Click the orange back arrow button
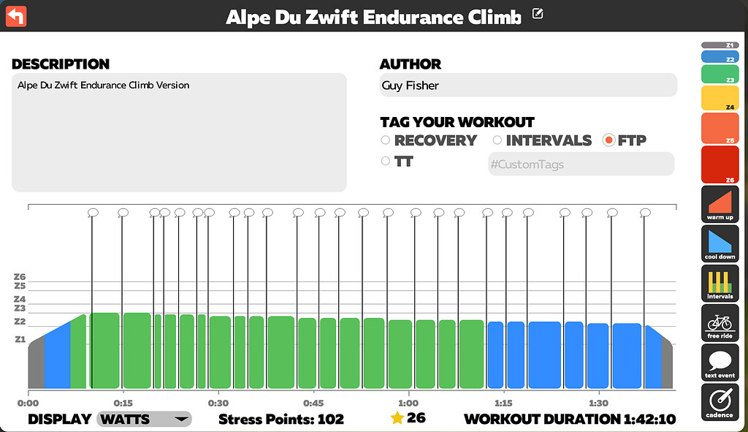(x=15, y=15)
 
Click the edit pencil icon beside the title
(x=538, y=13)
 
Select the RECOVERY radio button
(x=386, y=140)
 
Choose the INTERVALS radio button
(x=497, y=140)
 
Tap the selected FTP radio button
(x=608, y=140)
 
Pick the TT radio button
(x=386, y=162)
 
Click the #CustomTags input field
(x=581, y=164)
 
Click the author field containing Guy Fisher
(x=528, y=86)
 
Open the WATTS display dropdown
(x=144, y=419)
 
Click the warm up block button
(x=720, y=205)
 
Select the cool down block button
(x=720, y=244)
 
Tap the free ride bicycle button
(x=720, y=323)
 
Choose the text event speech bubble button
(x=720, y=363)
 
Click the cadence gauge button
(x=720, y=402)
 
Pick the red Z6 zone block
(x=720, y=164)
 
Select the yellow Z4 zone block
(x=720, y=98)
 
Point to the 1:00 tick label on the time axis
(x=408, y=403)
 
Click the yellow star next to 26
(x=397, y=418)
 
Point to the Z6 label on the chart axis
(x=20, y=277)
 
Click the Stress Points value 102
(x=330, y=419)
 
